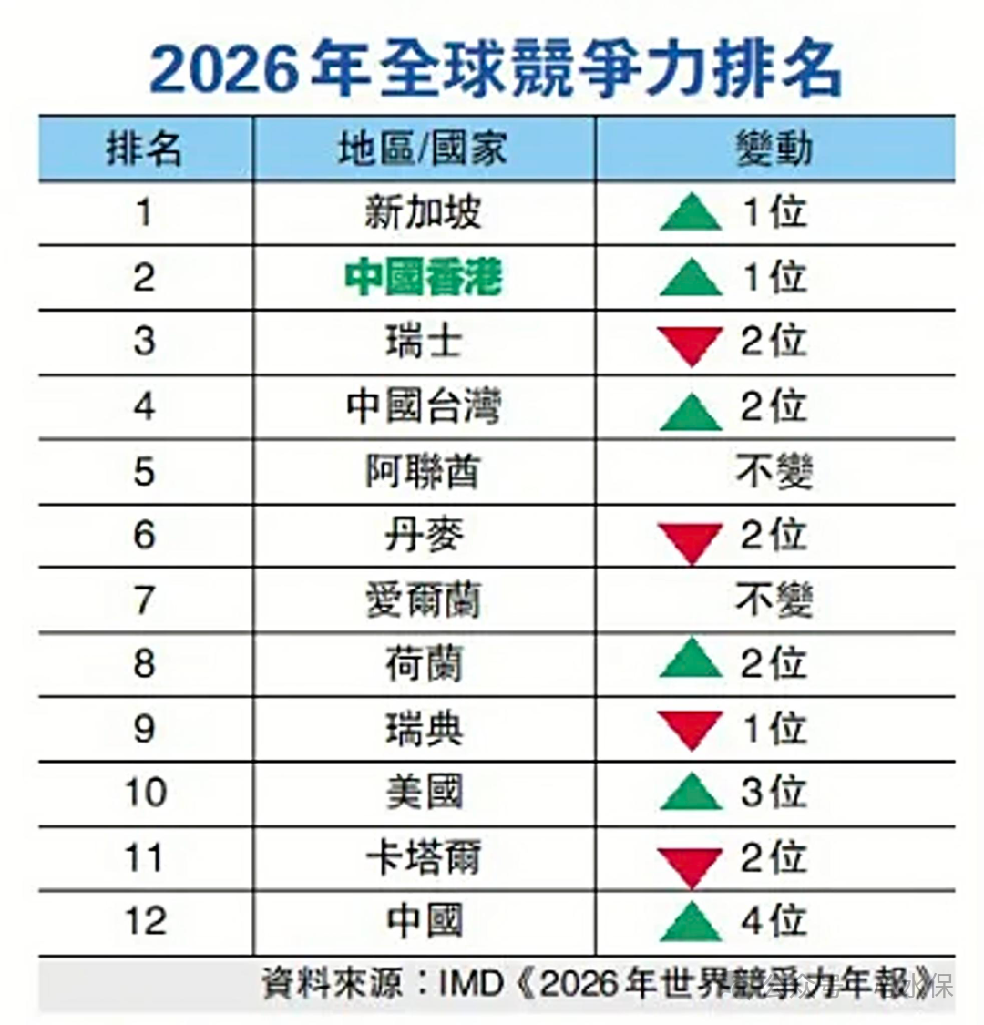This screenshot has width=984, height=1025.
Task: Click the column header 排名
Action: pyautogui.click(x=144, y=149)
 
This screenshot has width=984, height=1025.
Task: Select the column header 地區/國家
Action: pyautogui.click(x=423, y=149)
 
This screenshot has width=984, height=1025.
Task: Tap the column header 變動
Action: pyautogui.click(x=774, y=149)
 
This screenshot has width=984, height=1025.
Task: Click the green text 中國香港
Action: pyautogui.click(x=423, y=277)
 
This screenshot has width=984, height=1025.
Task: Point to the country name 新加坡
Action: pyautogui.click(x=423, y=212)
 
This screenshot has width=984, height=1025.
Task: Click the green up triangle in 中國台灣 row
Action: pyautogui.click(x=692, y=411)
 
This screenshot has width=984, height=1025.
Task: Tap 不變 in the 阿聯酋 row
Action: pyautogui.click(x=774, y=471)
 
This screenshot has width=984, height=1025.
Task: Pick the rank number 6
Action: pyautogui.click(x=144, y=535)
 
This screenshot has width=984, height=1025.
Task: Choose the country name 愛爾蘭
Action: pyautogui.click(x=423, y=600)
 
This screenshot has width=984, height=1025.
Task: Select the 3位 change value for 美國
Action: pyautogui.click(x=774, y=792)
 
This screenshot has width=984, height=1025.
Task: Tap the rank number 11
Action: pyautogui.click(x=145, y=857)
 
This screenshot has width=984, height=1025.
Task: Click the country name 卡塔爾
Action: pyautogui.click(x=423, y=857)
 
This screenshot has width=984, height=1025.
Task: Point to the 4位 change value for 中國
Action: pyautogui.click(x=774, y=920)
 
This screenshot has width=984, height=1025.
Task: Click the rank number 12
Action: pyautogui.click(x=145, y=920)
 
